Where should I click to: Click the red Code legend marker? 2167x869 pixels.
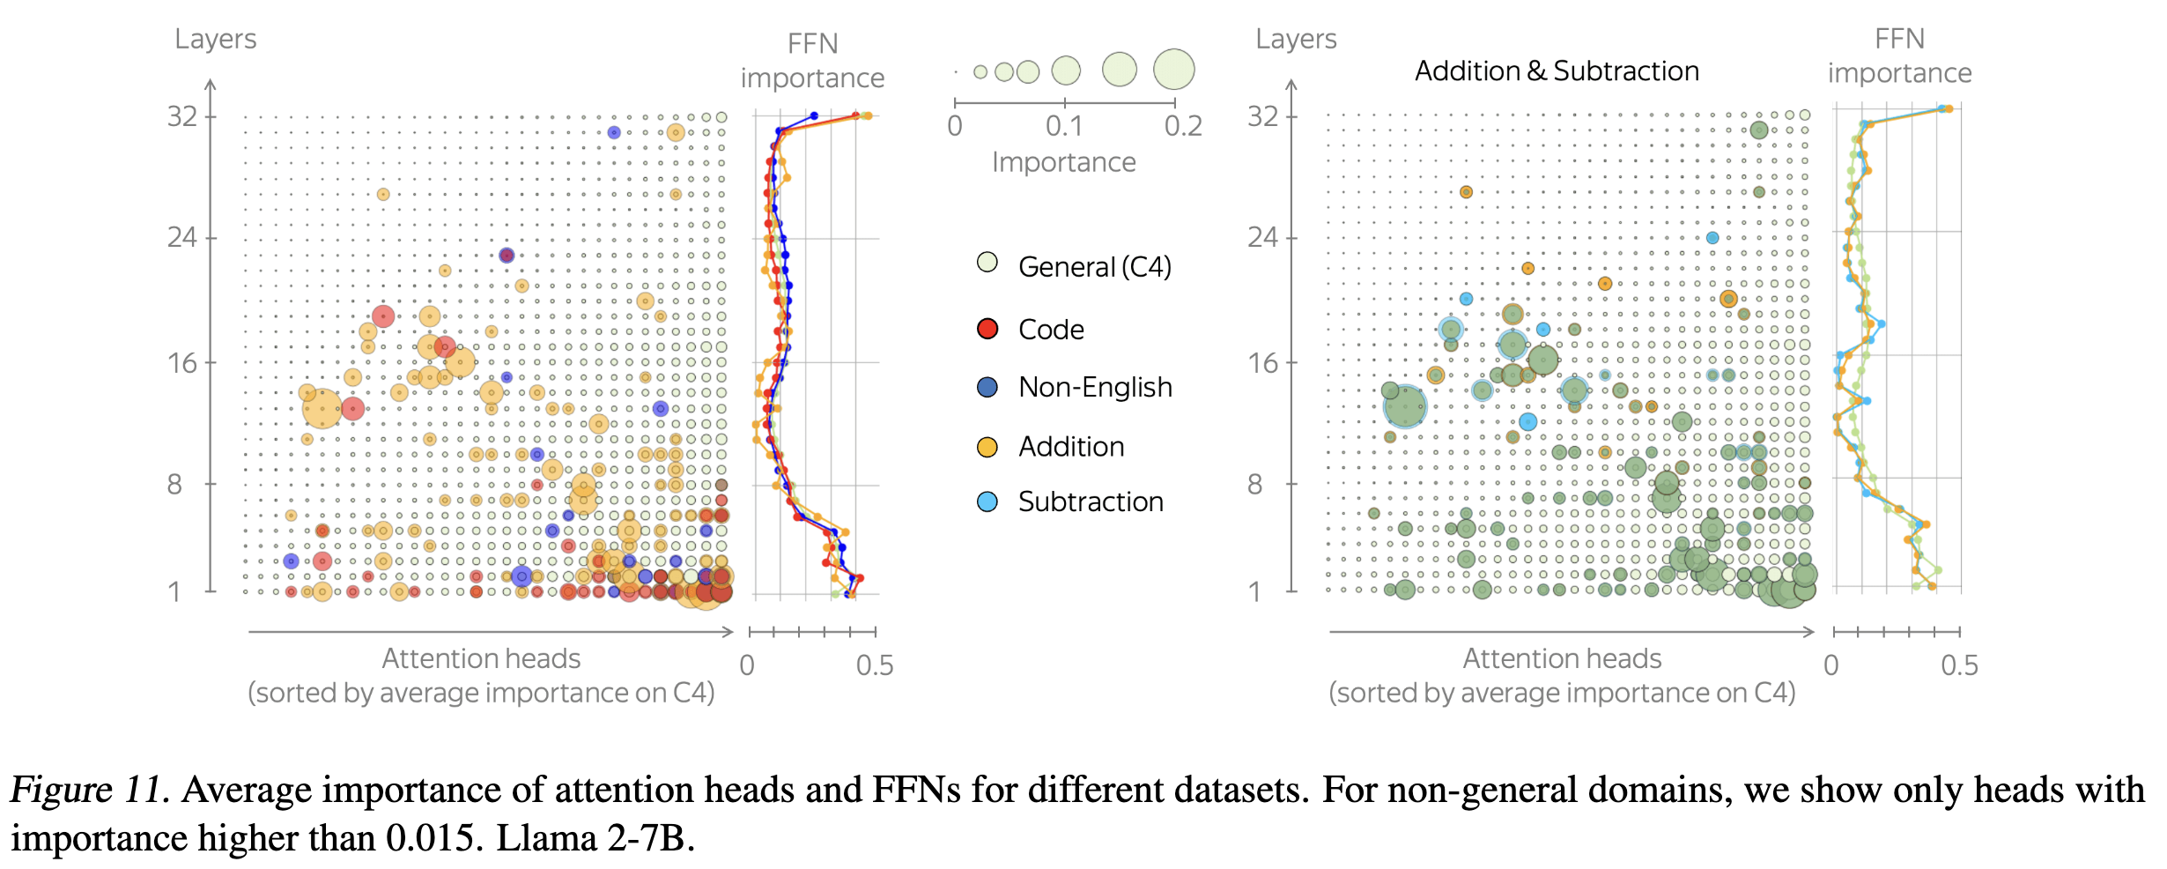tap(987, 329)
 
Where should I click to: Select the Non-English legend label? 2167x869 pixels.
tap(1095, 387)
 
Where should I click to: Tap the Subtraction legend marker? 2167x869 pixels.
tap(987, 501)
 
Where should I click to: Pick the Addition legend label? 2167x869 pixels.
tap(1071, 447)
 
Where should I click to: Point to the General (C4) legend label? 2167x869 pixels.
tap(1094, 266)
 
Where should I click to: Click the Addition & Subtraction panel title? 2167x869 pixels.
tap(1557, 71)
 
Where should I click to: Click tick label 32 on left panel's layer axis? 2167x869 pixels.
tap(182, 116)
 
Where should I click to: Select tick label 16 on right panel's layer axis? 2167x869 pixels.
tap(1263, 363)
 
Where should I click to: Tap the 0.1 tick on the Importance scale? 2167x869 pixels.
tap(1064, 126)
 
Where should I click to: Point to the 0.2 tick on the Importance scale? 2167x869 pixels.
tap(1183, 126)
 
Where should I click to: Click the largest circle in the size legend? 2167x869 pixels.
tap(1174, 69)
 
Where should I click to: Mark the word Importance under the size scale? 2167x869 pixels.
tap(1064, 162)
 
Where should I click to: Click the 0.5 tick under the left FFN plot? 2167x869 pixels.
tap(875, 665)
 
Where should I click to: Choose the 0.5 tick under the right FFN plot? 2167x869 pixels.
tap(1959, 665)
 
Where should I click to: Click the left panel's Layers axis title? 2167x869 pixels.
tap(215, 39)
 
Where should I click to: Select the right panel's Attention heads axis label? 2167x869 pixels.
tap(1562, 658)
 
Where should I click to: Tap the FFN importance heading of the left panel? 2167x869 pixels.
tap(812, 60)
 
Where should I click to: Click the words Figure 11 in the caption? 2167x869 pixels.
tap(88, 790)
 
